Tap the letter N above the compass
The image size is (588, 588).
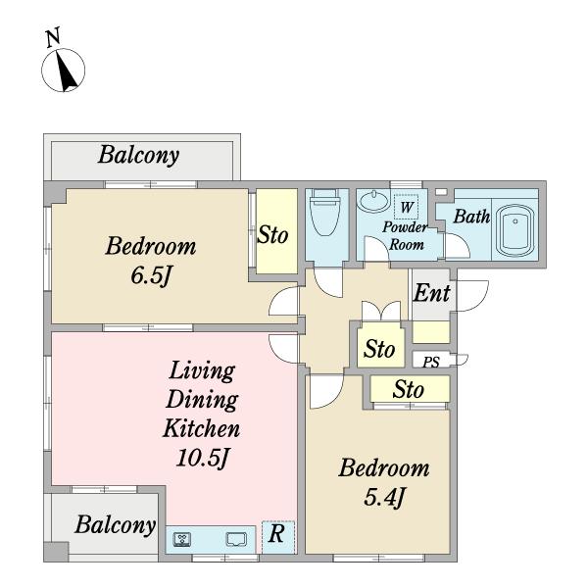point(53,37)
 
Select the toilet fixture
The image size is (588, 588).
point(324,213)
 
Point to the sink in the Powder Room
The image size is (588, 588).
point(373,201)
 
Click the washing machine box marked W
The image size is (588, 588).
point(406,207)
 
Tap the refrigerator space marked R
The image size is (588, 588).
point(278,537)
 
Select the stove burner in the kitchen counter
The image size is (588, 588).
point(182,540)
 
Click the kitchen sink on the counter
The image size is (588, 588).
point(236,539)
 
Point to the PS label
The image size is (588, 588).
point(431,362)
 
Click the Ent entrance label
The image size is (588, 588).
point(431,293)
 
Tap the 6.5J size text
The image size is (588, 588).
point(151,276)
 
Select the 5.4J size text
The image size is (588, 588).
point(384,498)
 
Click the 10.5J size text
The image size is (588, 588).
point(203,457)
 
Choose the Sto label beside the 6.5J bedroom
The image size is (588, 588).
point(272,235)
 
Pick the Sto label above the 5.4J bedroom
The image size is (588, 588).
point(409,389)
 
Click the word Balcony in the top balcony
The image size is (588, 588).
point(138,155)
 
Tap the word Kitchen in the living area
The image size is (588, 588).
point(201,428)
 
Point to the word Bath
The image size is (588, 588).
point(471,217)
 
